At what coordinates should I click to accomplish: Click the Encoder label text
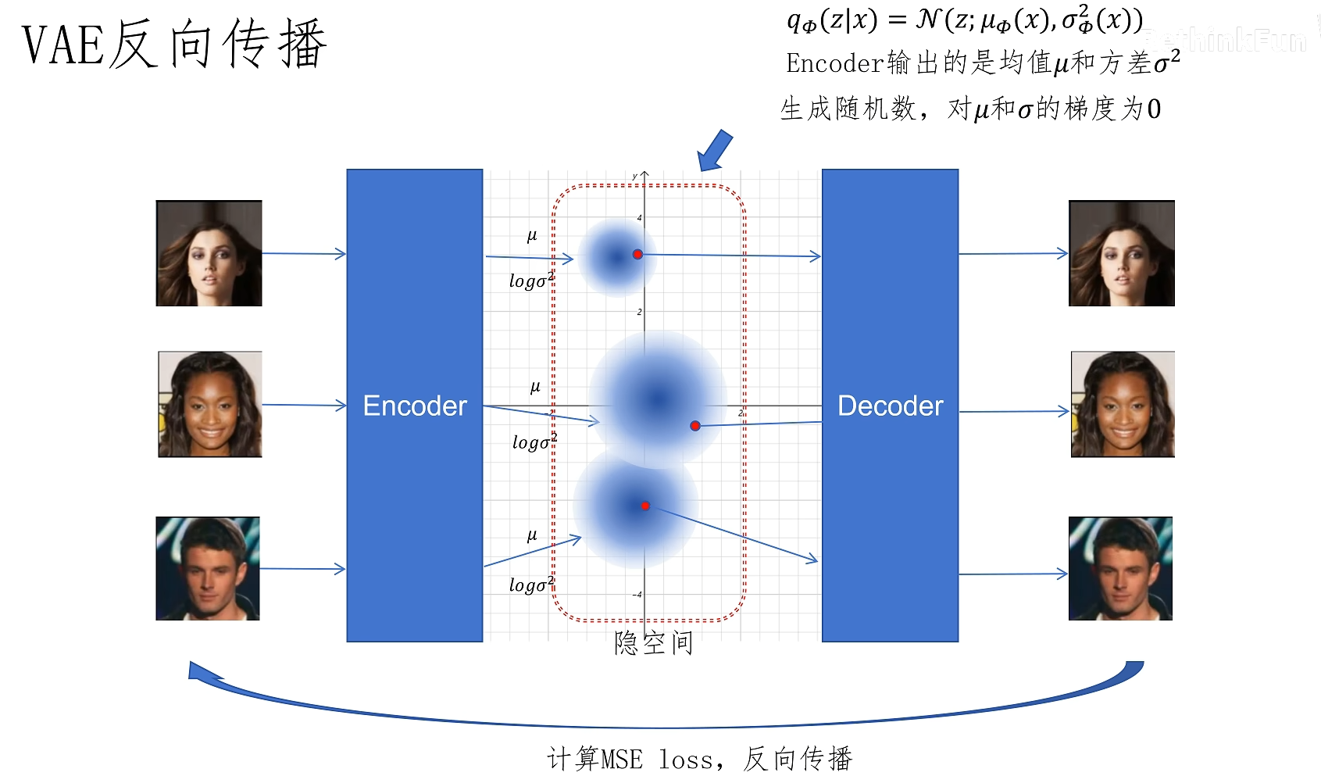point(415,406)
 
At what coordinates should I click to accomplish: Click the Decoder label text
point(890,406)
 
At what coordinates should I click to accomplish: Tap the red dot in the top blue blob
point(637,255)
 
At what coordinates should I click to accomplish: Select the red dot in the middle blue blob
point(694,426)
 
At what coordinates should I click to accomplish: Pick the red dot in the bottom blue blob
point(645,506)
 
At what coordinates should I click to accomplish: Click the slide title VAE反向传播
point(173,45)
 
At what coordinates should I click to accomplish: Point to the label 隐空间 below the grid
point(653,642)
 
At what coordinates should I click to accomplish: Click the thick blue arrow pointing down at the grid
point(714,151)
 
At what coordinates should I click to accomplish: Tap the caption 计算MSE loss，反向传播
point(699,758)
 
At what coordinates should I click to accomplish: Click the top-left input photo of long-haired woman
point(209,253)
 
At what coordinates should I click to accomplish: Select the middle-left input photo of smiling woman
point(210,404)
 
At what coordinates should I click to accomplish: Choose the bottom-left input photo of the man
point(208,568)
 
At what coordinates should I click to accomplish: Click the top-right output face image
point(1121,253)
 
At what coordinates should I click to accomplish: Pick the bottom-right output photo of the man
point(1120,568)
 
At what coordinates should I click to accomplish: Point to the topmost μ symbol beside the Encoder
point(532,236)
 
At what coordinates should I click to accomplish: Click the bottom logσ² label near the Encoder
point(531,585)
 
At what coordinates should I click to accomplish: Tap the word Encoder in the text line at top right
point(834,63)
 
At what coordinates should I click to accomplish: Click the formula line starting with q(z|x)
point(965,20)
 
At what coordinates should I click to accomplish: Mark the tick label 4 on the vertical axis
point(639,218)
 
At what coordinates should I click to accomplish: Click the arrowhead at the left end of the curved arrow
point(200,672)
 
